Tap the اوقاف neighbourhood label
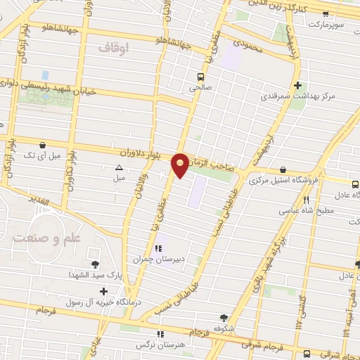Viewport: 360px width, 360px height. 112,49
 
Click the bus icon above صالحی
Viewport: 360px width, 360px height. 200,77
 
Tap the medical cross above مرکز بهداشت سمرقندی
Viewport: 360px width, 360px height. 298,84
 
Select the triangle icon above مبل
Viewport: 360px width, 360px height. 119,167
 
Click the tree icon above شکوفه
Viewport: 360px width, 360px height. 224,318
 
